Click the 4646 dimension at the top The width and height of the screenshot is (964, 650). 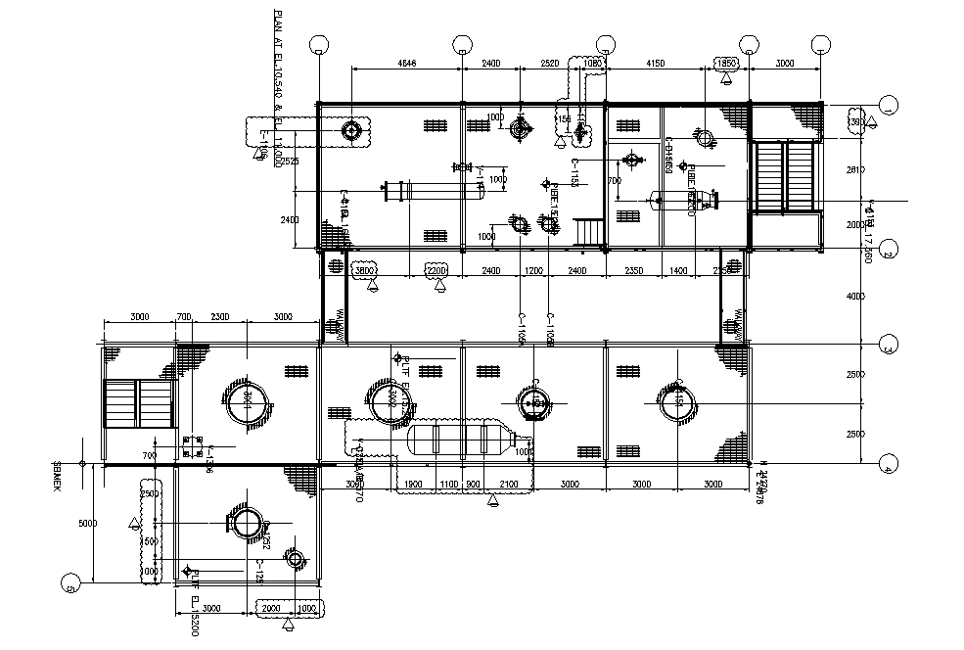(407, 64)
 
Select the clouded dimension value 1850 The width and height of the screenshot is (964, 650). (727, 64)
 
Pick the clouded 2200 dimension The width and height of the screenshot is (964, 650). (436, 270)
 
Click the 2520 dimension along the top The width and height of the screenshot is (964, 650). (550, 64)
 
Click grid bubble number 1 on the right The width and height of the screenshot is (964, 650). (889, 105)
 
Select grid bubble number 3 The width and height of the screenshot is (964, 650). (889, 346)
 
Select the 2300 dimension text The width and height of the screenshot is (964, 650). (220, 317)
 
